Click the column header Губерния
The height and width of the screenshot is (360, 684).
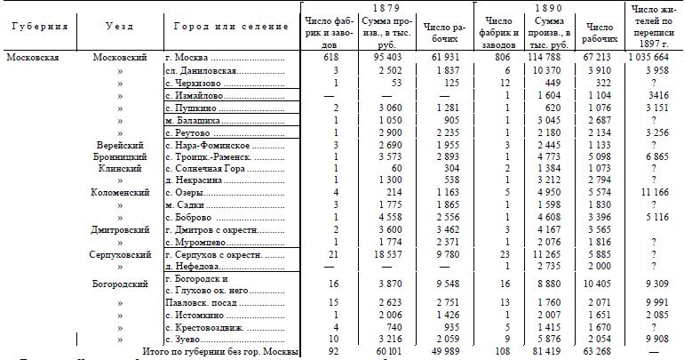39,27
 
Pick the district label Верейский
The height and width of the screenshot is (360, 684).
120,144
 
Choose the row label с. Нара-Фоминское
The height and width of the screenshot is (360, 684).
207,144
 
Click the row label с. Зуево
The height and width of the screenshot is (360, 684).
183,340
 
